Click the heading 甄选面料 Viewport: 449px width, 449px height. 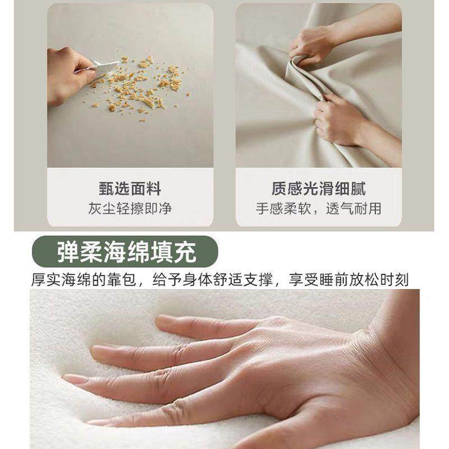coord(130,189)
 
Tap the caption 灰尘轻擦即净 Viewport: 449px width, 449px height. coord(130,209)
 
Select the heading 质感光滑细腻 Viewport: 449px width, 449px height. coord(318,189)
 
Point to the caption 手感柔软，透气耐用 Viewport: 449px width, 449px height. coord(318,209)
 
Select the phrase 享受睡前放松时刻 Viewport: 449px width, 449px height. coord(348,279)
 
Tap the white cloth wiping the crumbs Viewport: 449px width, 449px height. coord(104,68)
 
